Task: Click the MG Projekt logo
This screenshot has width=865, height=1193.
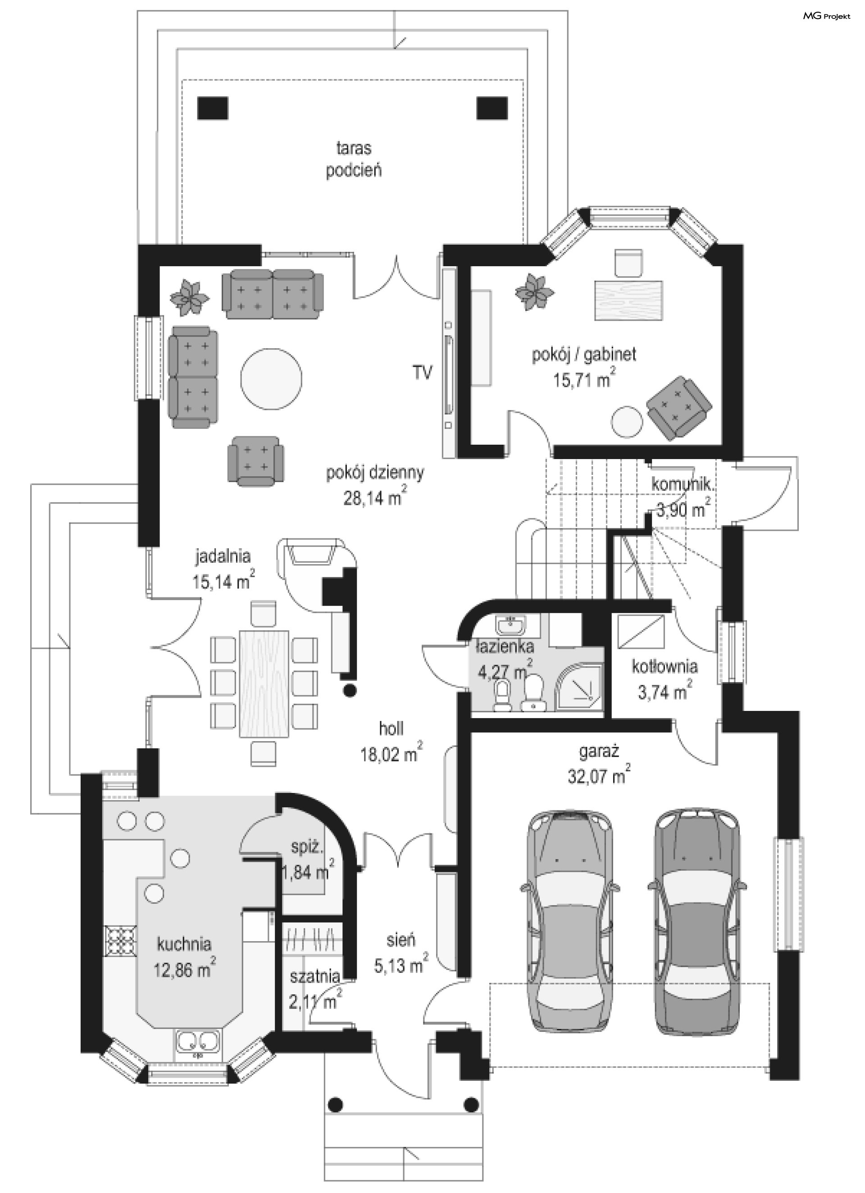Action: point(826,16)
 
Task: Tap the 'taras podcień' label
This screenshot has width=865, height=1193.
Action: point(354,159)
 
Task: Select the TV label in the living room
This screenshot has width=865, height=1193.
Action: point(423,373)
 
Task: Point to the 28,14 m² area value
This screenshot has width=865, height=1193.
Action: point(375,497)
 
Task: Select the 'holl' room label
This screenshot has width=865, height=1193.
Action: point(391,729)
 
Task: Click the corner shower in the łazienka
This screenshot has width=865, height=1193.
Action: point(583,682)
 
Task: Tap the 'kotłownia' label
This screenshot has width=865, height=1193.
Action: point(665,666)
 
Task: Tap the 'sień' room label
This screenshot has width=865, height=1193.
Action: point(401,939)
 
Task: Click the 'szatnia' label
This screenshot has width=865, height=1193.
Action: point(314,976)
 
